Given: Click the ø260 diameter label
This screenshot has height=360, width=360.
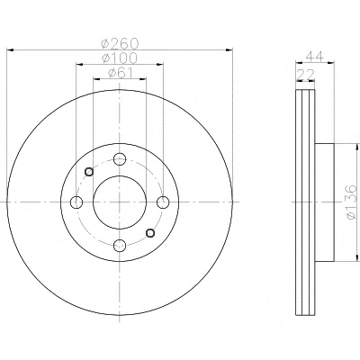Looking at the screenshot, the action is pos(120,44).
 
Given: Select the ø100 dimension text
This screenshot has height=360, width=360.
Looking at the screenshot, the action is pos(120,58).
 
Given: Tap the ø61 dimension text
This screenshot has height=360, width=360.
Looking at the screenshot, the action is pos(120,73).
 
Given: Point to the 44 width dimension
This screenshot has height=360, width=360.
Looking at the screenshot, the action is pos(315,57).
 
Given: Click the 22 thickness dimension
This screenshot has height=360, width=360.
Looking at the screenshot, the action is pos(305,74).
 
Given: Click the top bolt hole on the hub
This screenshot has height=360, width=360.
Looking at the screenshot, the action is pos(120,159).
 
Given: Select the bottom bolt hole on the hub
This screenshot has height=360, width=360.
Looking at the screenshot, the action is pos(120,246).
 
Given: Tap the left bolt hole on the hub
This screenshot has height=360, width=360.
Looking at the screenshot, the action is pos(76,202).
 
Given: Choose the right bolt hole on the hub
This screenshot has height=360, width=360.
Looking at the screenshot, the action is pos(163,202).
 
